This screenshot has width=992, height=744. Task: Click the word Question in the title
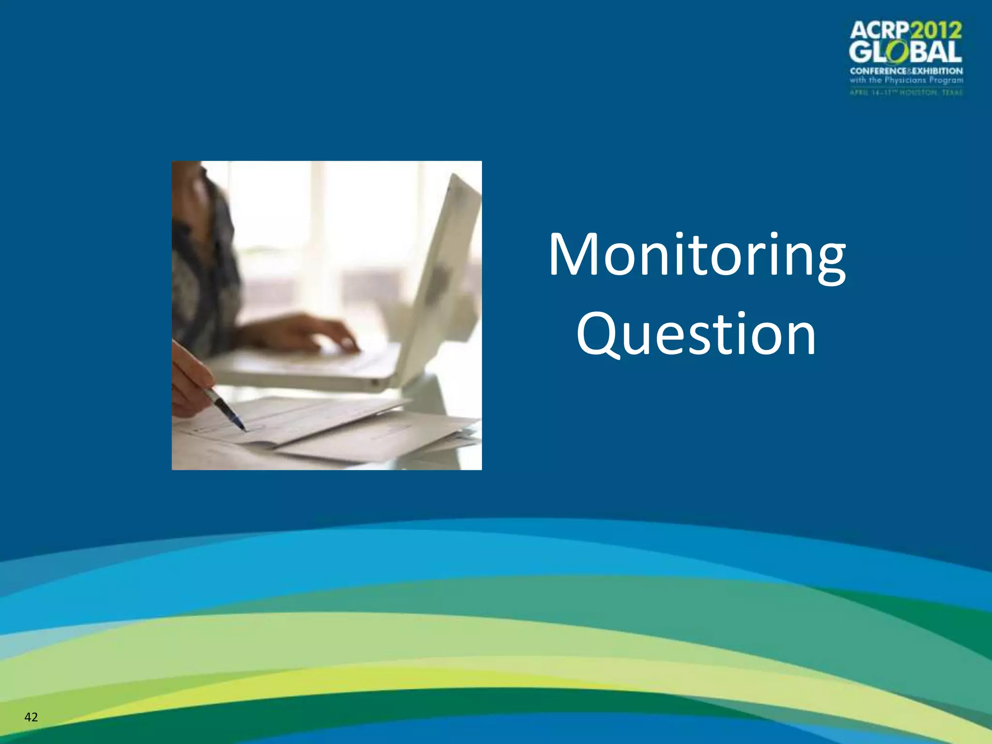pos(696,334)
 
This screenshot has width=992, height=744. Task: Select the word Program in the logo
pos(946,80)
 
